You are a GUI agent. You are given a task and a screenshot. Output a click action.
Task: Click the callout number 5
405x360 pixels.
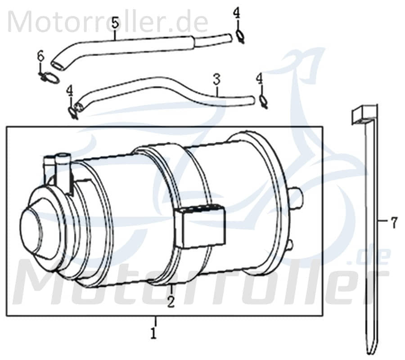pyautogui.click(x=115, y=22)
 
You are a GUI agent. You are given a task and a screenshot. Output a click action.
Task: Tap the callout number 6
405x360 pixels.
pyautogui.click(x=40, y=57)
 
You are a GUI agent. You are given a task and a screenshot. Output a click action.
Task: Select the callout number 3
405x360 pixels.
pyautogui.click(x=217, y=80)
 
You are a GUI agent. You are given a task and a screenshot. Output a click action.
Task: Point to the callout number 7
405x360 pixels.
pyautogui.click(x=394, y=222)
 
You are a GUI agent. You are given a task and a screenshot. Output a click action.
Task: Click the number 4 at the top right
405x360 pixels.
pyautogui.click(x=237, y=13)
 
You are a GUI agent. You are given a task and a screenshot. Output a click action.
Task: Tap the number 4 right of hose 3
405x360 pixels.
pyautogui.click(x=259, y=79)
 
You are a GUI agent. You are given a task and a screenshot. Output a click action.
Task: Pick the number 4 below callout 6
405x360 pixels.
pyautogui.click(x=69, y=91)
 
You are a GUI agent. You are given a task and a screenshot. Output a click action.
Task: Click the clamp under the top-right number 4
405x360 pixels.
pyautogui.click(x=240, y=36)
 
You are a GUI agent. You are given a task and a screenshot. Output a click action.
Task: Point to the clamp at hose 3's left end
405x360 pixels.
pyautogui.click(x=73, y=112)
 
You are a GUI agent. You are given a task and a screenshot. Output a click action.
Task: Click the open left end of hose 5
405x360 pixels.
pyautogui.click(x=58, y=65)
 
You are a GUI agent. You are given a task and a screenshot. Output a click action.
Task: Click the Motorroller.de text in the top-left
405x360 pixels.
pyautogui.click(x=108, y=21)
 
